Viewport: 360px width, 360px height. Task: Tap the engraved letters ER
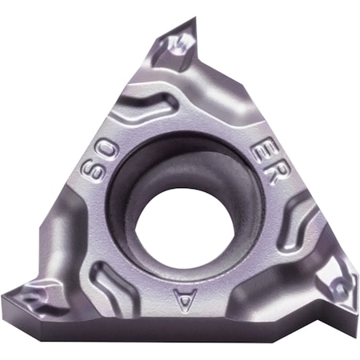pos(265,165)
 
